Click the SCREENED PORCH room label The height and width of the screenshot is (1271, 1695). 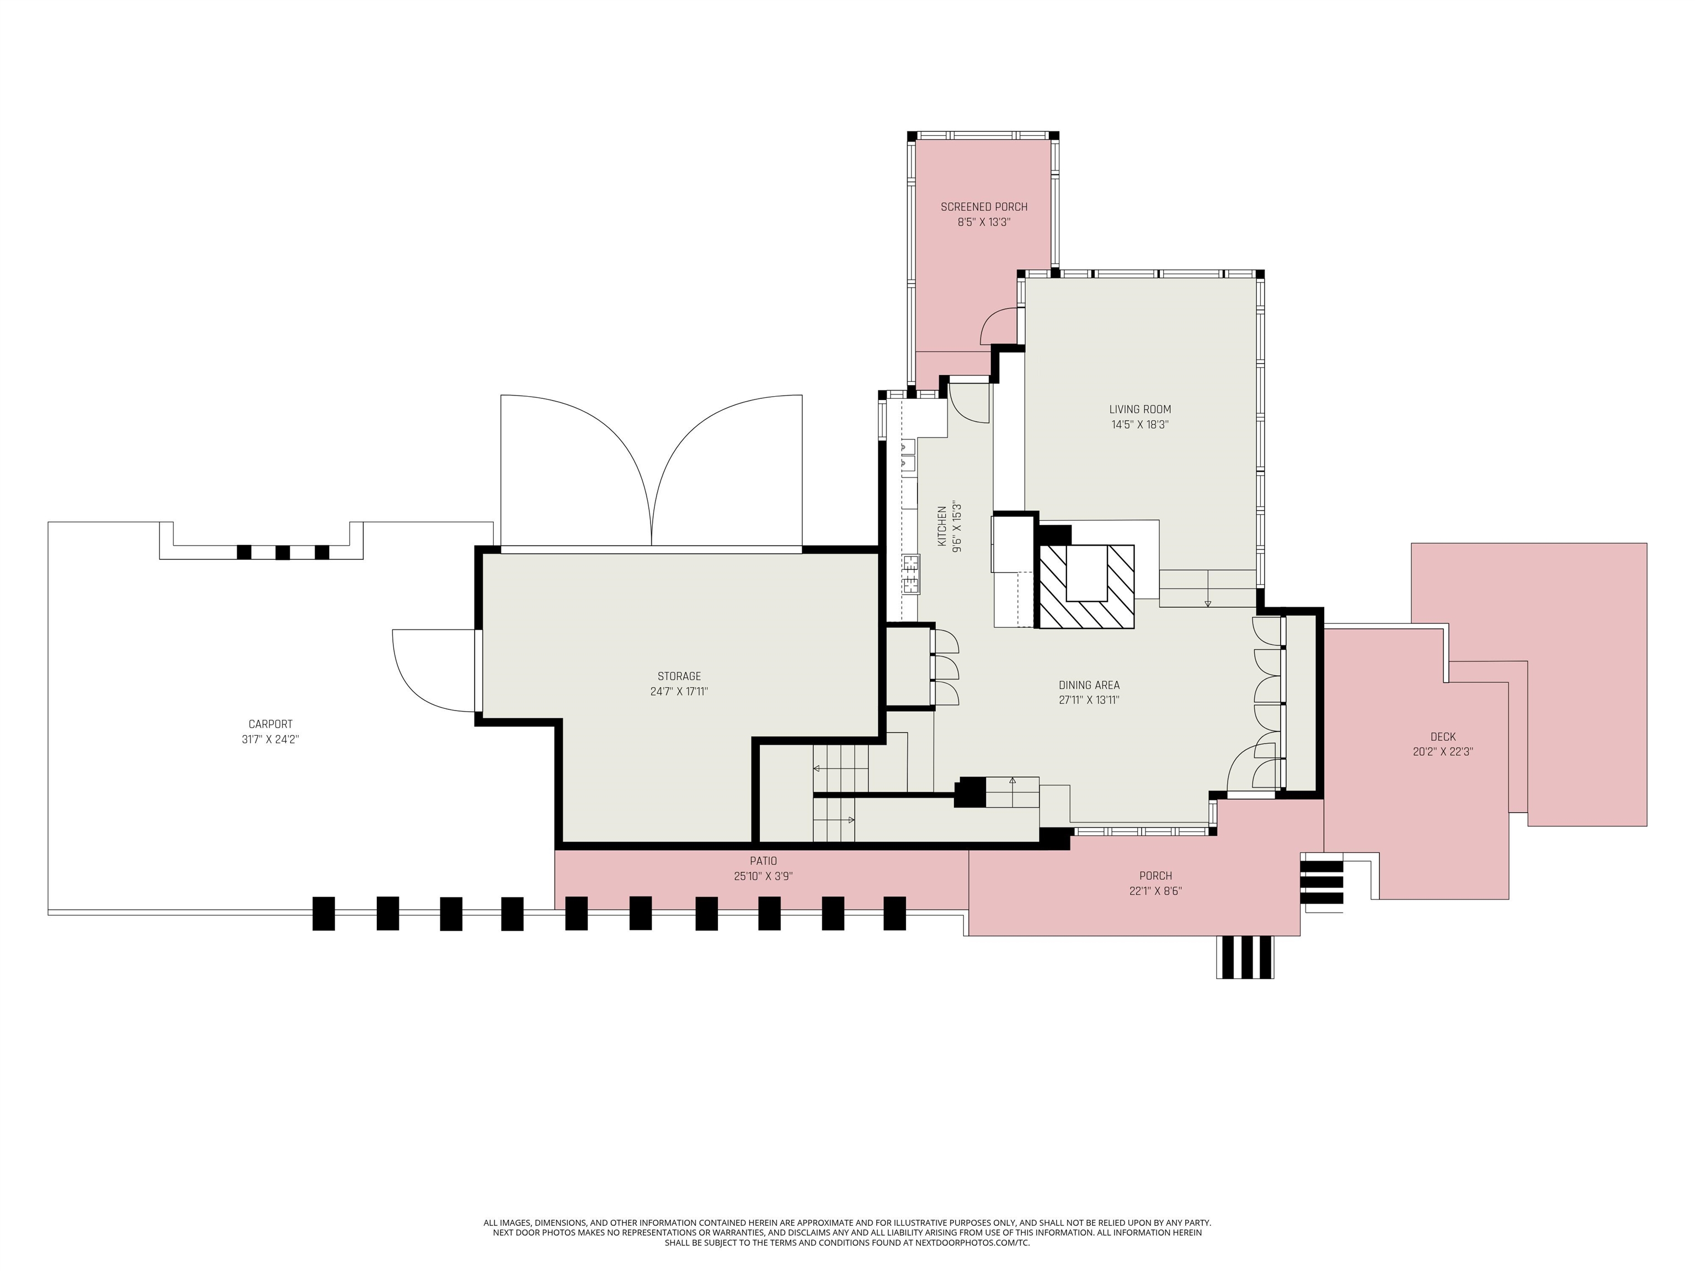point(984,207)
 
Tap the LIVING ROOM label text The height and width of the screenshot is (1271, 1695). point(1140,409)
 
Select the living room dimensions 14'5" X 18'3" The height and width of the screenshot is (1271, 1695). point(1140,424)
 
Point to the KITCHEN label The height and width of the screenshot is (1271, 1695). point(942,526)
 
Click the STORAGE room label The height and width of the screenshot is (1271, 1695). point(679,676)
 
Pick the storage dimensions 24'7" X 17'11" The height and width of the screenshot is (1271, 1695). point(679,691)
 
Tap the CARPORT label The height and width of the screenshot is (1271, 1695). point(270,724)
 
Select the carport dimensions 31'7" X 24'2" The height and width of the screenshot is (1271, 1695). point(270,739)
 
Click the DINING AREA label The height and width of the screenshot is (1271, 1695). point(1089,685)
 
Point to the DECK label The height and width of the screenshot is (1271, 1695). point(1443,737)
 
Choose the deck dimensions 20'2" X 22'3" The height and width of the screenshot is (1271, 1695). point(1443,752)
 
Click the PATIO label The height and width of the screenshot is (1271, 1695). point(763,861)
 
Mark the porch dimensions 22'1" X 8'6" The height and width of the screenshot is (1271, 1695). point(1155,891)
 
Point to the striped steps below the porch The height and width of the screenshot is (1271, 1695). point(1246,957)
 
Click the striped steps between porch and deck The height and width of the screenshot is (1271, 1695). point(1322,882)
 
